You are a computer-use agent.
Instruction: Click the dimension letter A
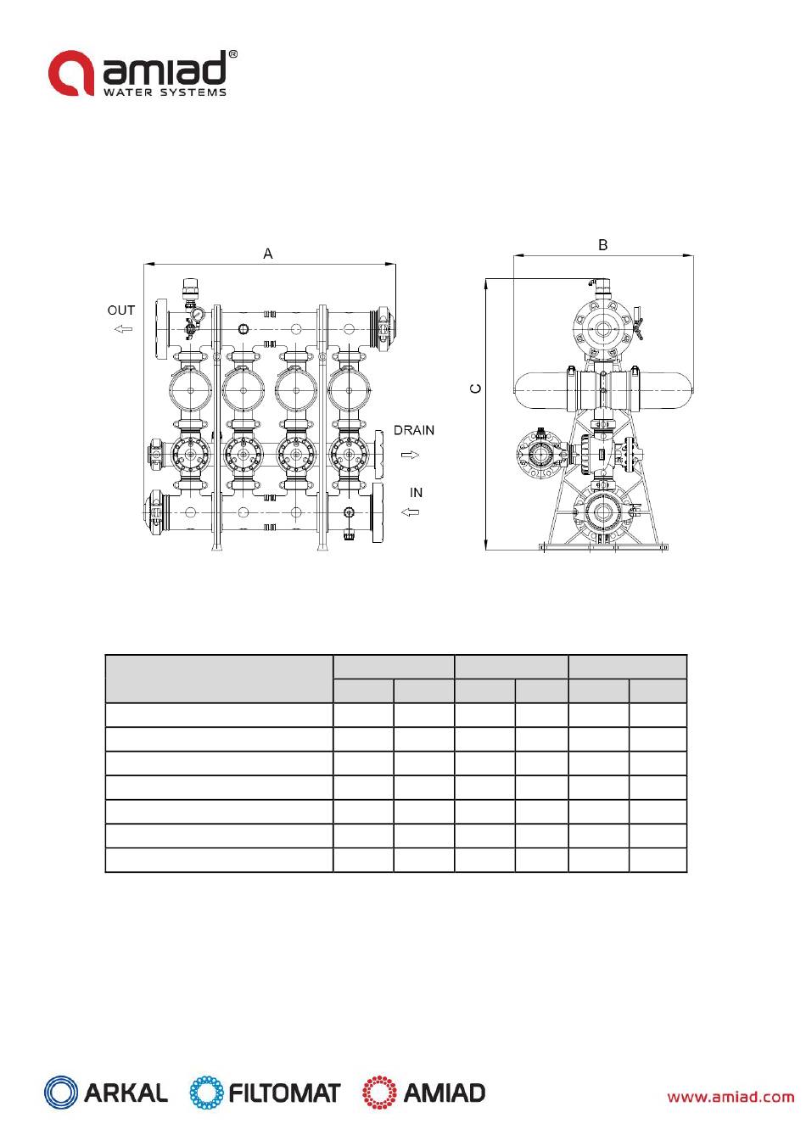[x=267, y=254]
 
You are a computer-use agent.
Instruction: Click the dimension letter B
[x=603, y=244]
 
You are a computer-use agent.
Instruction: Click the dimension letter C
[x=475, y=389]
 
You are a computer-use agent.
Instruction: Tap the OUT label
[x=121, y=310]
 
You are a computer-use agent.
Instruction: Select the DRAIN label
[x=413, y=430]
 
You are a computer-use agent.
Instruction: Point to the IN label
[x=416, y=492]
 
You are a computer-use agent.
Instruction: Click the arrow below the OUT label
[x=123, y=328]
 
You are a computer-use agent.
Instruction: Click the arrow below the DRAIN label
[x=410, y=455]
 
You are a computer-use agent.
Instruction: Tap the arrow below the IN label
[x=410, y=512]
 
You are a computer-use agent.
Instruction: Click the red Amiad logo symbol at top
[x=71, y=73]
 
